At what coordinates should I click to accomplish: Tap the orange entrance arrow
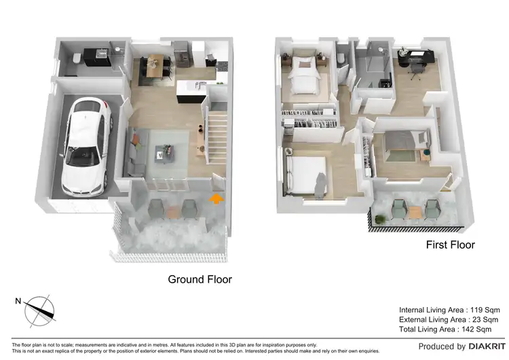point(216,198)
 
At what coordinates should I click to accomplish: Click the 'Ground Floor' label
point(200,279)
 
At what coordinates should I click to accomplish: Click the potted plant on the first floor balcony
point(381,219)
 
